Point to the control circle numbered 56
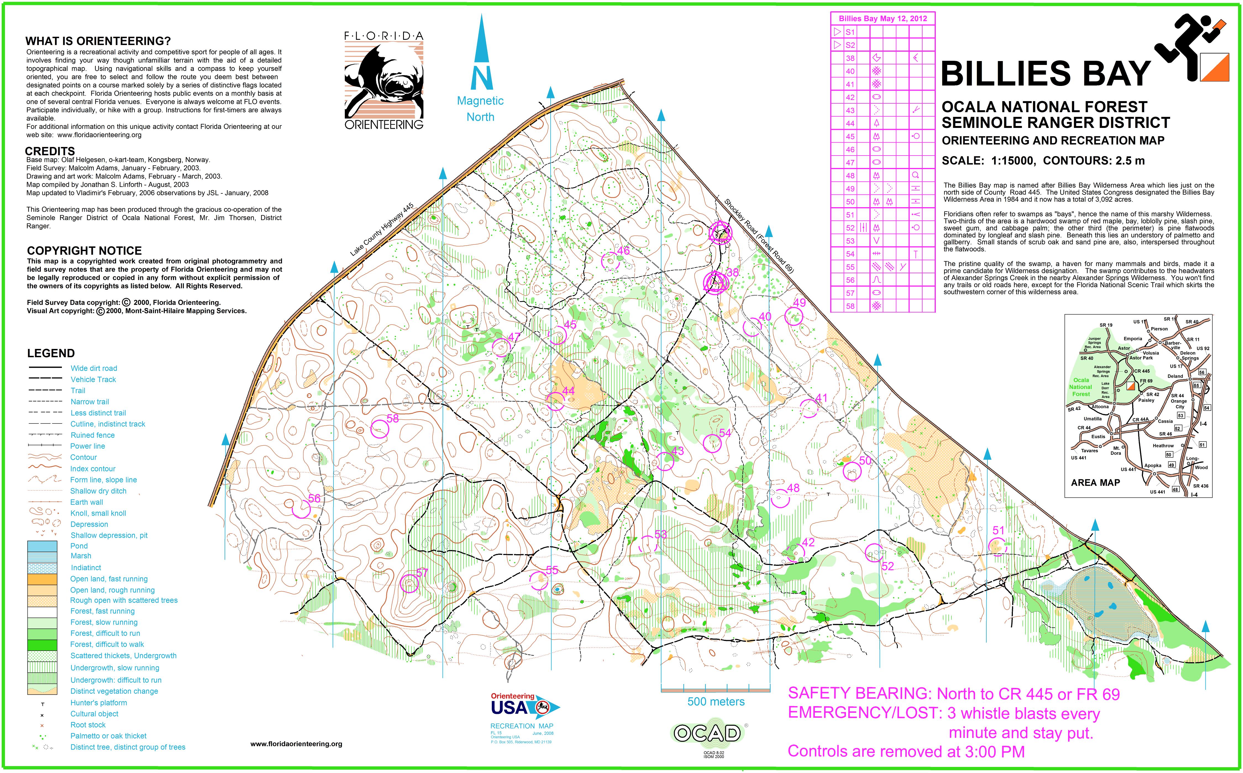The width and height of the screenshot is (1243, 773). [301, 509]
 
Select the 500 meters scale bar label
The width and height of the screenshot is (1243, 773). [716, 701]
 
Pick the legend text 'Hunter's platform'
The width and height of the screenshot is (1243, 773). [99, 703]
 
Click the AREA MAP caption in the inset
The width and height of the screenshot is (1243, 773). [1095, 482]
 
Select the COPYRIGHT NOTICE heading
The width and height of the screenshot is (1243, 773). [84, 251]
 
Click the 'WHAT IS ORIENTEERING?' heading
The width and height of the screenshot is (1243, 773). [98, 41]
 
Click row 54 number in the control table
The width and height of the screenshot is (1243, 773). [850, 254]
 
